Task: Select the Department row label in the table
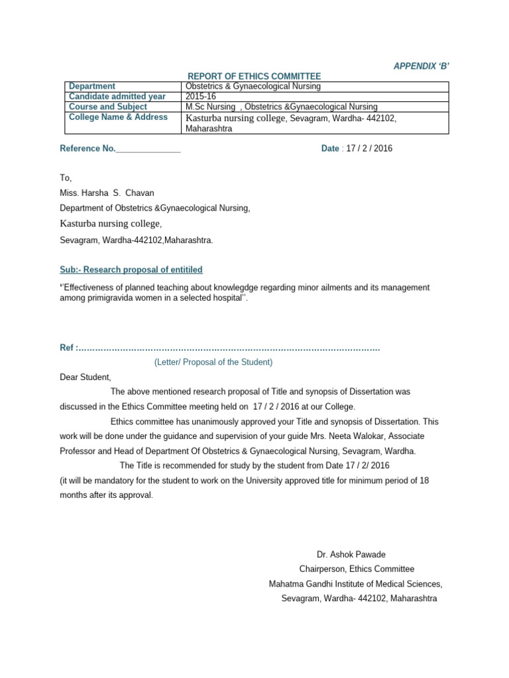pyautogui.click(x=92, y=86)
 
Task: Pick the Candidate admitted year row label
pyautogui.click(x=117, y=96)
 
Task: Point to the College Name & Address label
pyautogui.click(x=119, y=117)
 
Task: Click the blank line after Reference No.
pyautogui.click(x=148, y=148)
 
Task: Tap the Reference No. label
pyautogui.click(x=87, y=148)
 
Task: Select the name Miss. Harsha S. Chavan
pyautogui.click(x=107, y=193)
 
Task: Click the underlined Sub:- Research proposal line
pyautogui.click(x=131, y=269)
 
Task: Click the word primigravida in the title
pyautogui.click(x=110, y=298)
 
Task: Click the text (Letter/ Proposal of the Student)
pyautogui.click(x=213, y=362)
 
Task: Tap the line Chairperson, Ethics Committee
pyautogui.click(x=357, y=569)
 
